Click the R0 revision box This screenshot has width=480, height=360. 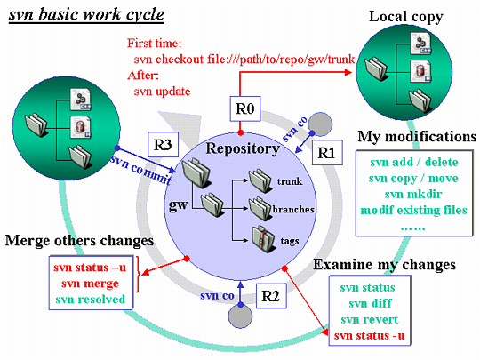pos(245,108)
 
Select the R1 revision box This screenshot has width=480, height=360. pos(327,153)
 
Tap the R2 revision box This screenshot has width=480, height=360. pos(271,296)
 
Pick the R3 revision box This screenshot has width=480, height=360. pos(163,145)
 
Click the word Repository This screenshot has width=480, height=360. pos(243,148)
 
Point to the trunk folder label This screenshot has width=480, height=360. pos(290,181)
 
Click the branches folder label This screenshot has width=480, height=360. pos(293,210)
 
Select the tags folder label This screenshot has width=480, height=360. pos(290,241)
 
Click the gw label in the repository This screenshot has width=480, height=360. pos(178,205)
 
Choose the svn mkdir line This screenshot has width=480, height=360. pos(413,194)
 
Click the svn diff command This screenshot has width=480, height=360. pos(370,303)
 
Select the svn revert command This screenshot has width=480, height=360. pos(370,319)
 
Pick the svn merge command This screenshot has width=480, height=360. pos(91,284)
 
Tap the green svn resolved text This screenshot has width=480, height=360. pos(91,299)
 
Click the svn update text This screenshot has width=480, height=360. pos(163,92)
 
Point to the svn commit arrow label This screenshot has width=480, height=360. pos(141,169)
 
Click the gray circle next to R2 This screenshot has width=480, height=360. pos(240,316)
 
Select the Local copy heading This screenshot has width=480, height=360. pos(406,17)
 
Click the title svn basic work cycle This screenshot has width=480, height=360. pos(86,14)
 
